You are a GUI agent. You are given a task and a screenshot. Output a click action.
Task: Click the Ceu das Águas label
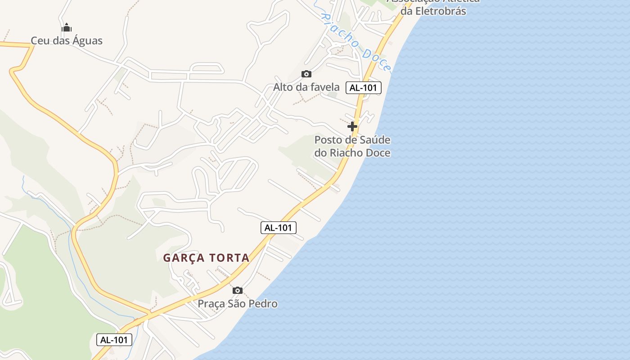(67, 40)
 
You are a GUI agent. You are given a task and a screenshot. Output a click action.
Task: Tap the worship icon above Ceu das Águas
(67, 28)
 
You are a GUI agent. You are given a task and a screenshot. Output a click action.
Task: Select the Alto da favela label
(306, 87)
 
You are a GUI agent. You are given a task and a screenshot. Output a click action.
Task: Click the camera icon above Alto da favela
(306, 74)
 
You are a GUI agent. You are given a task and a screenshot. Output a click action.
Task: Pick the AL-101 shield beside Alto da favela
(364, 88)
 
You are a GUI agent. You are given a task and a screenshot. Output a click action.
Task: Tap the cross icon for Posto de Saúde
(352, 126)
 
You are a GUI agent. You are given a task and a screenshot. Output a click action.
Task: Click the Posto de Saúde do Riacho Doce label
(352, 146)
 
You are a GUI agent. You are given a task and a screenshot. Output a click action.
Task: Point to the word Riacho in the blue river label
(341, 31)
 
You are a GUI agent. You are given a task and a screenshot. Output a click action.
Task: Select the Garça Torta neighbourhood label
(206, 258)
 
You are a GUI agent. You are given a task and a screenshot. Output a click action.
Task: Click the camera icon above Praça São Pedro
(238, 290)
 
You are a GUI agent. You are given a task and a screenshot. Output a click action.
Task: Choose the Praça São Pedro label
(238, 304)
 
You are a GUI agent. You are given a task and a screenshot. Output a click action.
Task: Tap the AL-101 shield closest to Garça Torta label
(279, 228)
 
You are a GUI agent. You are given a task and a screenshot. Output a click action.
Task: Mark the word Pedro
(263, 304)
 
